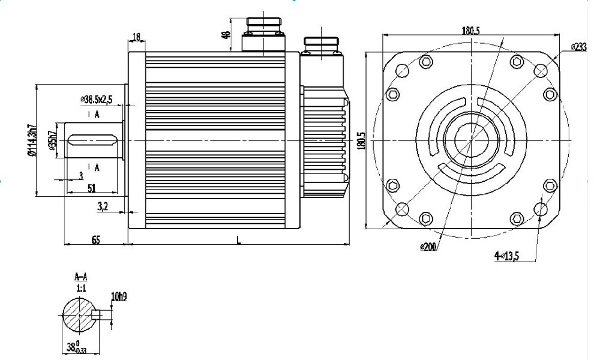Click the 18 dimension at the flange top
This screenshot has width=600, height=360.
click(x=136, y=37)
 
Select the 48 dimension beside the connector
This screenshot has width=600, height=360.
click(x=226, y=35)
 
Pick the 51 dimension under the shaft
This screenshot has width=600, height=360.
click(x=91, y=188)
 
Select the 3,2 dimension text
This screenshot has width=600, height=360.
click(x=103, y=207)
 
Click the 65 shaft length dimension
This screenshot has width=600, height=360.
click(x=95, y=239)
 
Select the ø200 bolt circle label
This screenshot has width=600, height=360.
click(x=428, y=247)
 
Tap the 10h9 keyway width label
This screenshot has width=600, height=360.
click(x=118, y=296)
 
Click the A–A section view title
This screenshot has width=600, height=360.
click(x=80, y=277)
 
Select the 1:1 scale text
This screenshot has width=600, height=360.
click(x=80, y=288)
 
